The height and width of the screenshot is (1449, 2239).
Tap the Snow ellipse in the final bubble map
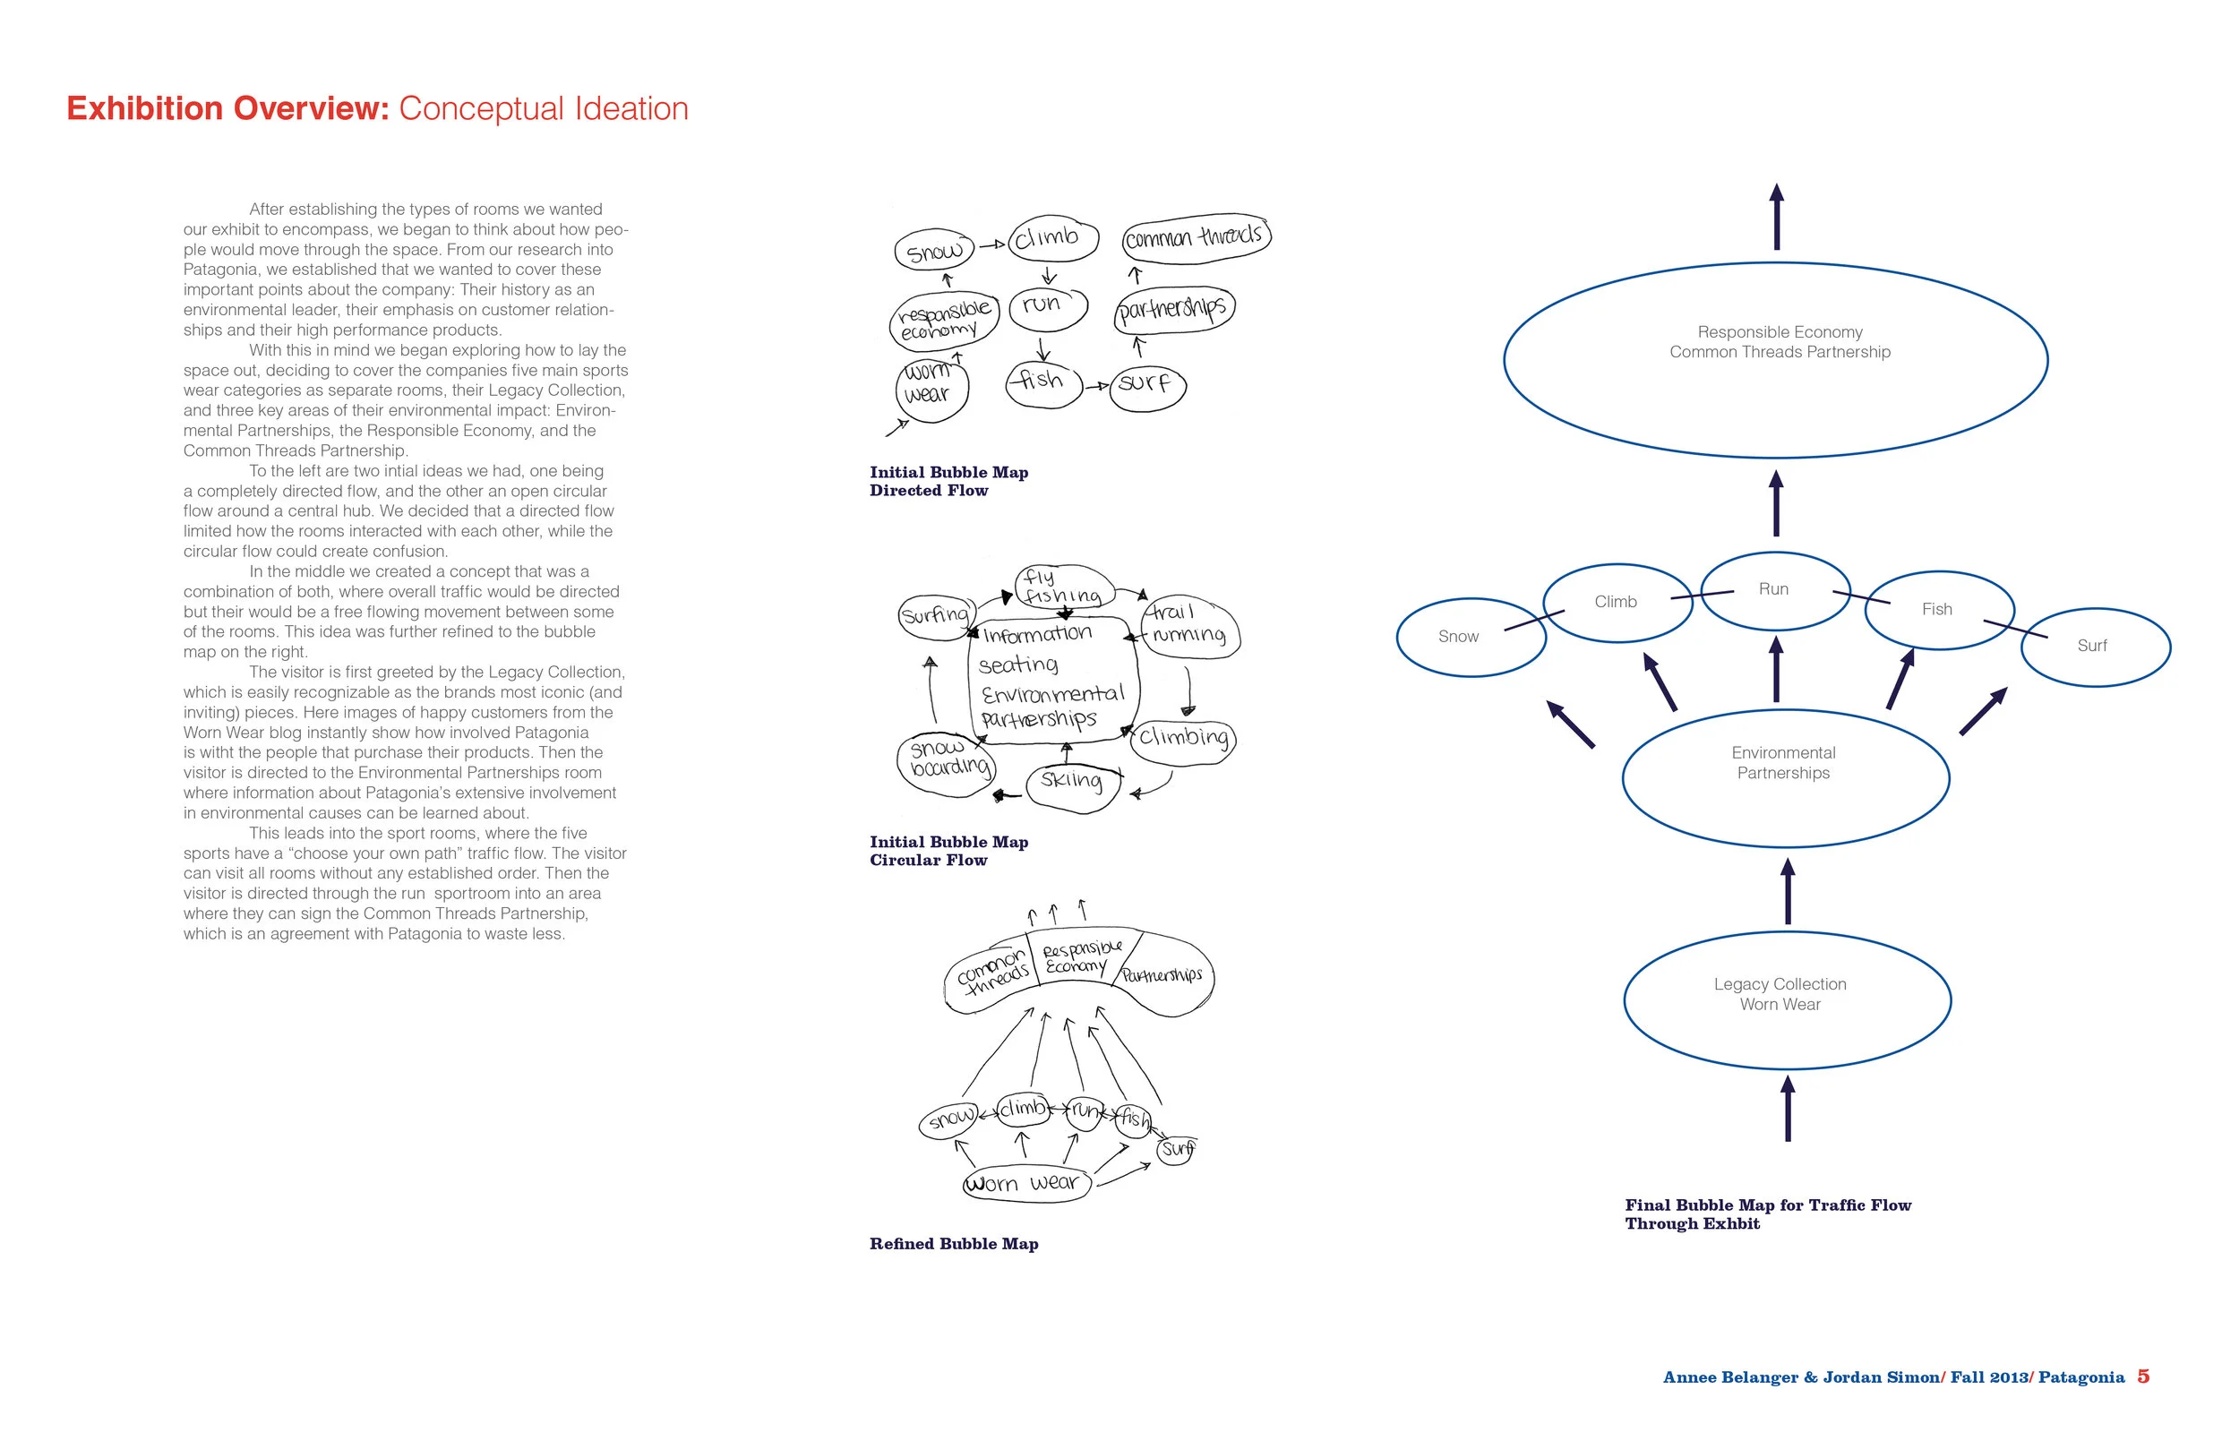coord(1471,637)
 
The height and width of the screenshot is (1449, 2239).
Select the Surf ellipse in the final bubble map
coord(2095,647)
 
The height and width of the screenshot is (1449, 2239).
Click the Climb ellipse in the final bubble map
coord(1617,602)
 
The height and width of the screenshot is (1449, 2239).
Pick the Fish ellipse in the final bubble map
coord(1938,610)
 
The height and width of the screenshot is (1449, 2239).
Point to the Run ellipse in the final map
coord(1774,590)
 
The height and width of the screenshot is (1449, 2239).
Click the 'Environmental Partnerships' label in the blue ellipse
coord(1784,763)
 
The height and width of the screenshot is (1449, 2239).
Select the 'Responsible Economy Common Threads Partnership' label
coord(1780,342)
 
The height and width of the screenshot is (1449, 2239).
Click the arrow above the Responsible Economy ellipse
coord(1776,217)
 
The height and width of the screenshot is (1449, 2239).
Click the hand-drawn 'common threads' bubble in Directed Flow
coord(1196,236)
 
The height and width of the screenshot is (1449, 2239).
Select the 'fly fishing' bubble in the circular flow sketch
coord(1063,587)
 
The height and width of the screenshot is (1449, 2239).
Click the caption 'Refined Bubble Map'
coord(954,1244)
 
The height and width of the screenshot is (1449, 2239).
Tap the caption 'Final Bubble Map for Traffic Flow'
coord(1768,1205)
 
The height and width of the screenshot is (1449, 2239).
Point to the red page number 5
coord(2143,1376)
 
